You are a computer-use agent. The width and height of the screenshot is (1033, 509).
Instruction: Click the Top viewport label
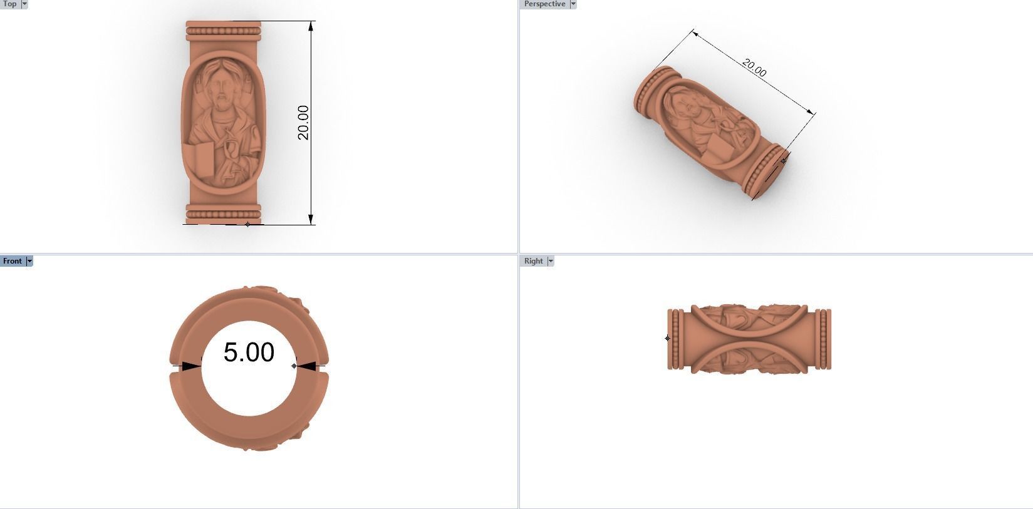point(9,4)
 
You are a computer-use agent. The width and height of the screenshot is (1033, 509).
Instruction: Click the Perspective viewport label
point(544,4)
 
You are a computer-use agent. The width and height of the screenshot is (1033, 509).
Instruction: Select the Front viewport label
point(12,261)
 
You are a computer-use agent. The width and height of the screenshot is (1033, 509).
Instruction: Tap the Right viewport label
point(533,261)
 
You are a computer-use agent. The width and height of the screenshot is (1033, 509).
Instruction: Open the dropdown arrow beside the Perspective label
point(573,4)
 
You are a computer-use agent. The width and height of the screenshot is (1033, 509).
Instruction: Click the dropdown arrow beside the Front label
point(29,261)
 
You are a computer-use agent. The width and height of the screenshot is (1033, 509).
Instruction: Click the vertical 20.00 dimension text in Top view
point(303,122)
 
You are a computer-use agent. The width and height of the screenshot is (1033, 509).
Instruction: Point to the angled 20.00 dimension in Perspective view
point(754,67)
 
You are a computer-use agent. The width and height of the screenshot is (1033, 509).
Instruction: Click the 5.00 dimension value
point(249,352)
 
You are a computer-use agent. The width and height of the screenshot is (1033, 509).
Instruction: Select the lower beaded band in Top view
point(223,213)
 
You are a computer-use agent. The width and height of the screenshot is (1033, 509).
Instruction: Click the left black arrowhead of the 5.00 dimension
point(190,366)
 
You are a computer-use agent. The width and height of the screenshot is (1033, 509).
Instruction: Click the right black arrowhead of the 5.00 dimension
point(307,366)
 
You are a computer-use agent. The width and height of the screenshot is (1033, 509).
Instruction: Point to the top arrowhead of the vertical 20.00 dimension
point(311,27)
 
